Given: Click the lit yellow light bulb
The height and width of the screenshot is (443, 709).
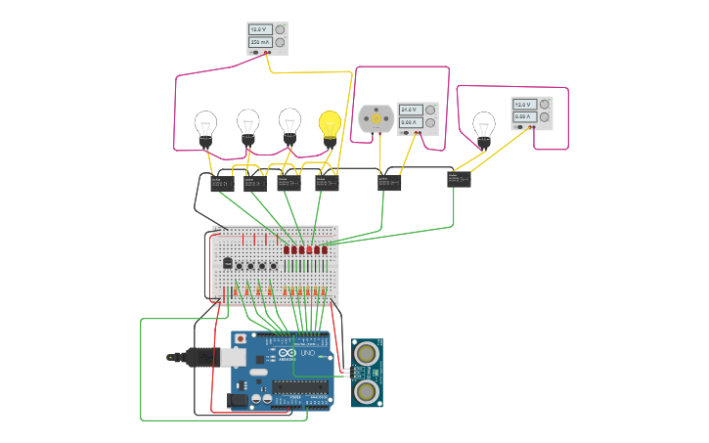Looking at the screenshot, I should [331, 125].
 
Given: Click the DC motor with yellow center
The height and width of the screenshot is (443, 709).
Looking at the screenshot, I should [376, 118].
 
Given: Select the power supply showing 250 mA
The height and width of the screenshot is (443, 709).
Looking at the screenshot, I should [267, 37].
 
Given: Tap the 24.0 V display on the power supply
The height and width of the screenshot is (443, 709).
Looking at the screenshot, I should [409, 110].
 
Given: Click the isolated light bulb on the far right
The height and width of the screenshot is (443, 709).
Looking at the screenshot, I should [483, 128].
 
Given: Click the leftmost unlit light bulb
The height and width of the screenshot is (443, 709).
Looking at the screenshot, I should [205, 126].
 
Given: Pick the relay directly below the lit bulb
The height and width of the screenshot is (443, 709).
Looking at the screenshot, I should [327, 183].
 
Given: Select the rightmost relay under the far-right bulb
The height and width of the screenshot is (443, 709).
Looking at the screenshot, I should [459, 179].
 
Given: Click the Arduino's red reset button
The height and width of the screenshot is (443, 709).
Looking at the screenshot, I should [241, 338].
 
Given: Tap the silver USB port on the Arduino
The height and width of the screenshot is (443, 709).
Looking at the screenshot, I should [233, 358].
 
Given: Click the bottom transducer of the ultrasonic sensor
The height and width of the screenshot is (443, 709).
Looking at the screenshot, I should [367, 391].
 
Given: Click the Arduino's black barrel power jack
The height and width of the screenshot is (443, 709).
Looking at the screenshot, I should [237, 399].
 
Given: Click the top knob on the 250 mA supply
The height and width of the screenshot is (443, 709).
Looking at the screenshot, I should [281, 30].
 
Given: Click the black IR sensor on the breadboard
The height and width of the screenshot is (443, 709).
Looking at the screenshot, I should [227, 262].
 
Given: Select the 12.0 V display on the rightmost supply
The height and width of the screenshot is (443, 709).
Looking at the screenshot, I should [525, 105].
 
